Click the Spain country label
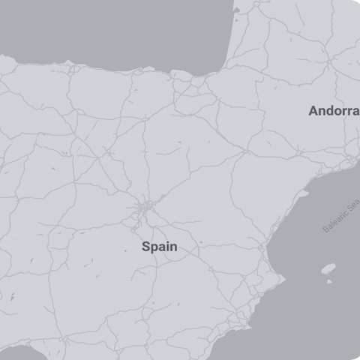(159, 246)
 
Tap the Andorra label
(334, 111)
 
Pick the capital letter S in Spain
(145, 246)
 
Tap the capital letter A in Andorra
(313, 111)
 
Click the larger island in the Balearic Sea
(328, 268)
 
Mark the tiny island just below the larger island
(328, 281)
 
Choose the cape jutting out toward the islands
(283, 279)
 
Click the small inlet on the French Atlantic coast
(237, 10)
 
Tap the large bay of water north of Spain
(112, 30)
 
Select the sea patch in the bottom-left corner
(22, 354)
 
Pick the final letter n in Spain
(174, 246)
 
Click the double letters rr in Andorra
(344, 111)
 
